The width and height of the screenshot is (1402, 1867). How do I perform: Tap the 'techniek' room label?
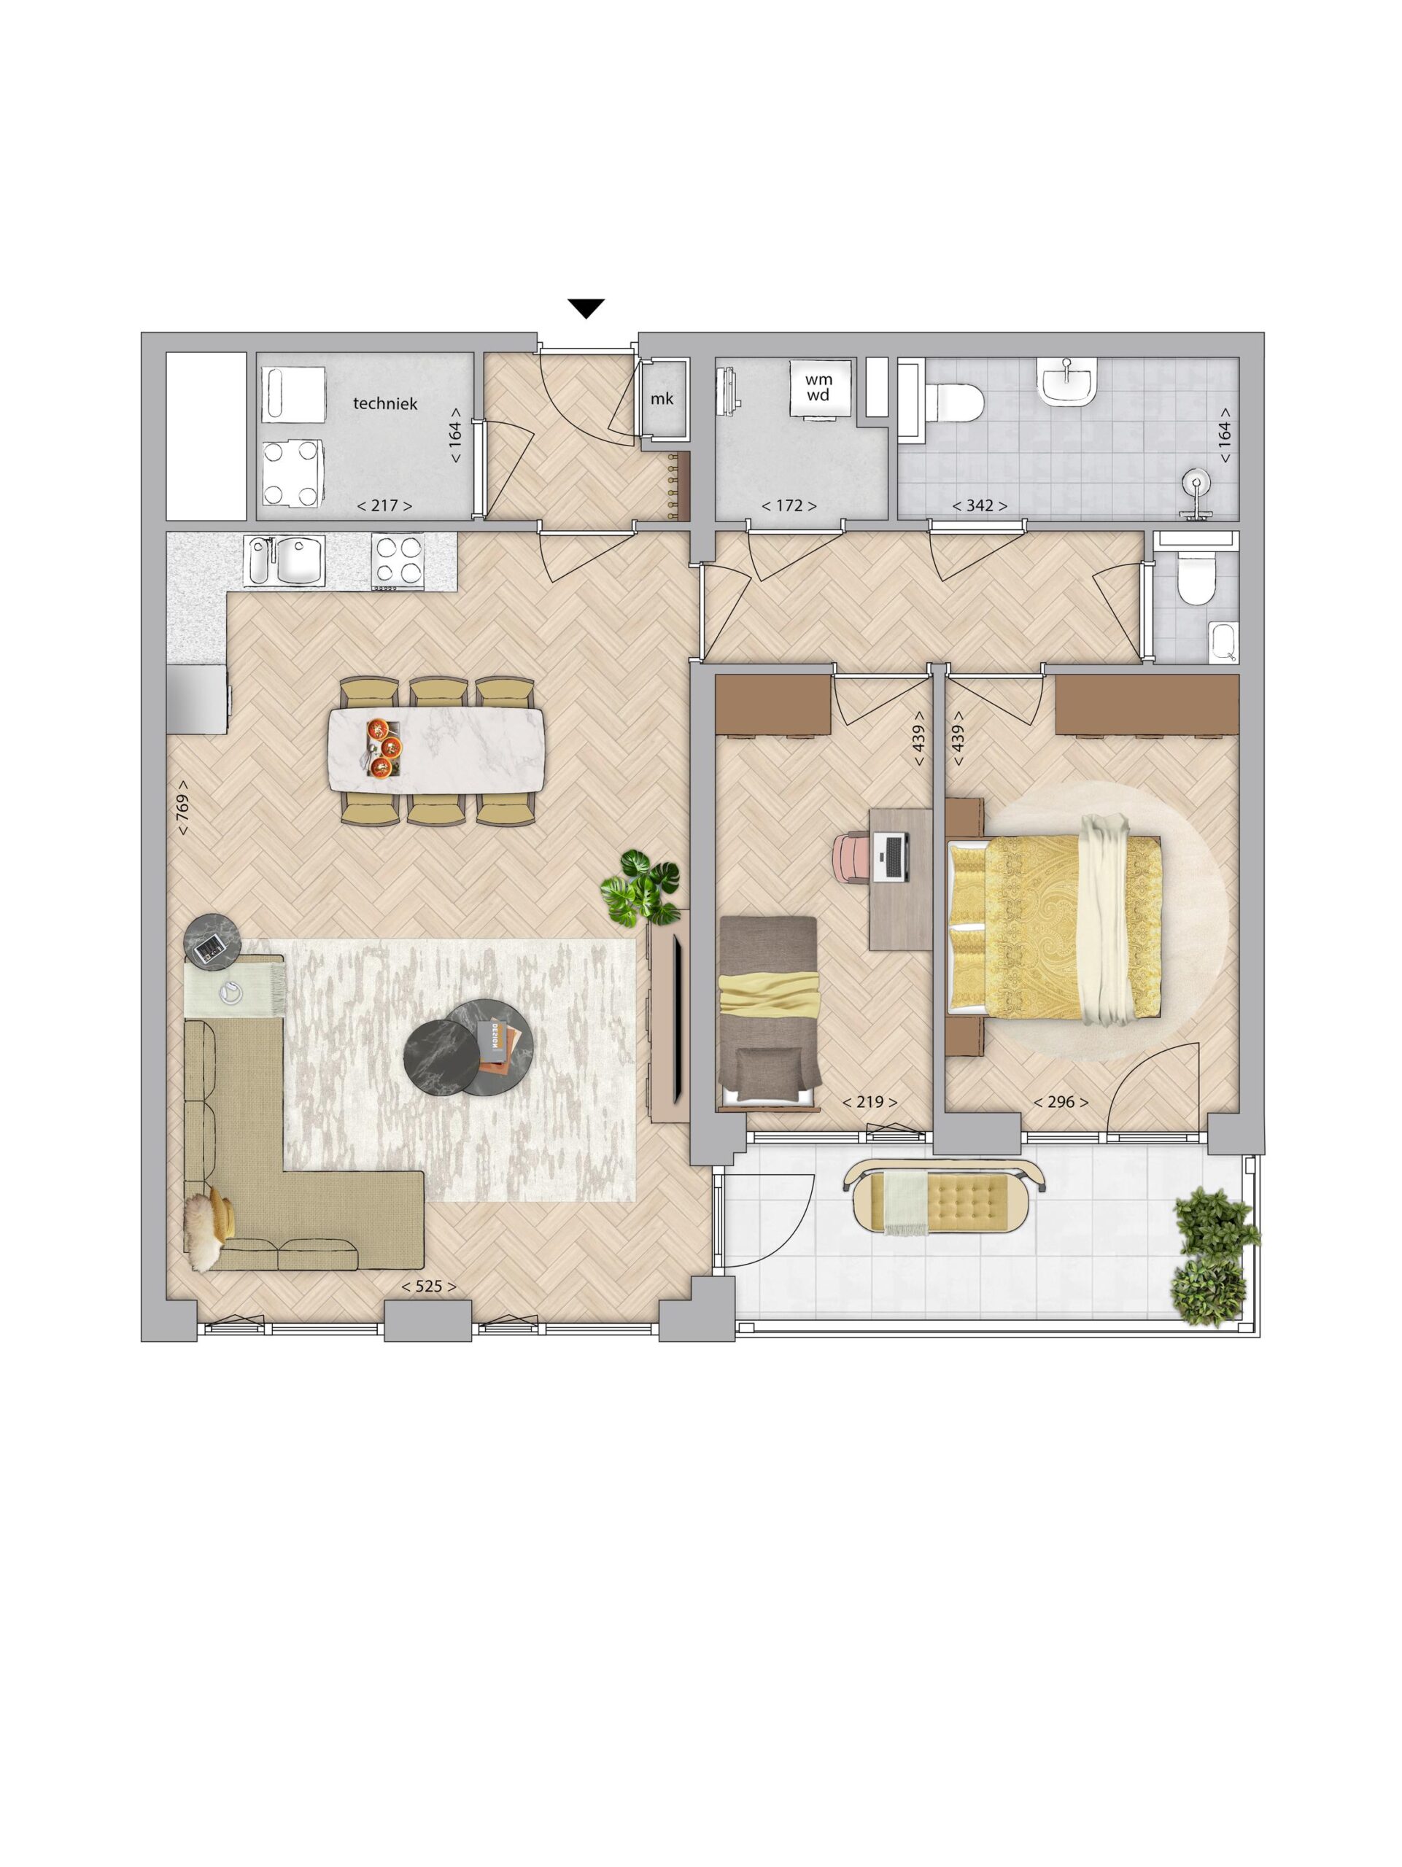pos(385,403)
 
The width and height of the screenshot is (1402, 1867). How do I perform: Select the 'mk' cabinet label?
pos(662,398)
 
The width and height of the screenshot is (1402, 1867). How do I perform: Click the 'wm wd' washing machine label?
pos(818,387)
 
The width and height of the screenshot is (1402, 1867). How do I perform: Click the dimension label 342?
pos(979,505)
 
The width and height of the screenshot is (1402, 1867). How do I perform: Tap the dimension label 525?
pos(429,1286)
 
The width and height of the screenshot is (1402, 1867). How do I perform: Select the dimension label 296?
pos(1060,1102)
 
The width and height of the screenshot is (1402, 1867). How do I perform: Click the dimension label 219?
pos(870,1102)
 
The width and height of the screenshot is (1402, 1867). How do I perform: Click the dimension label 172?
pos(789,505)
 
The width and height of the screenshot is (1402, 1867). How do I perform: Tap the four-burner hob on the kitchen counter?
pos(398,562)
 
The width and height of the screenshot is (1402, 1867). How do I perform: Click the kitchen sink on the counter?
pos(284,562)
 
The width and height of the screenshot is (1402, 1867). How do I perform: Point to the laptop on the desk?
pos(893,857)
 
